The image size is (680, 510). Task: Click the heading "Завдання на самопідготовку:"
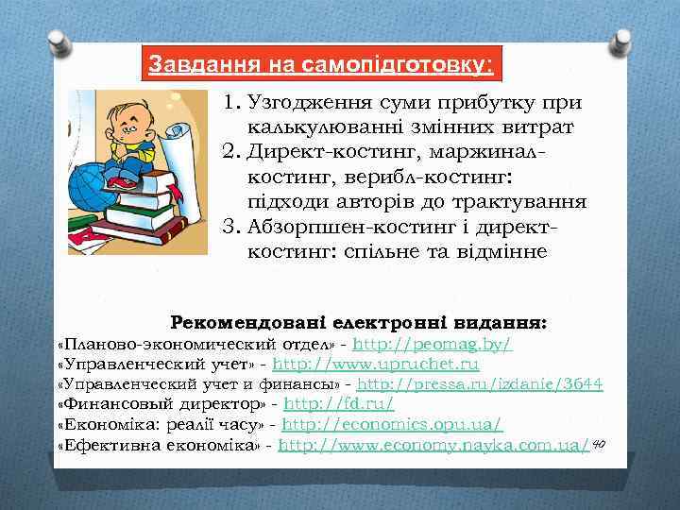click(321, 66)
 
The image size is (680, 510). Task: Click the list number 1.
click(231, 104)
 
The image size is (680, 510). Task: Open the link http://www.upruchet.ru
click(376, 364)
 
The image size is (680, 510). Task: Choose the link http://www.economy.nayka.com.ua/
click(434, 445)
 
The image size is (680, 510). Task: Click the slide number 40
click(599, 443)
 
